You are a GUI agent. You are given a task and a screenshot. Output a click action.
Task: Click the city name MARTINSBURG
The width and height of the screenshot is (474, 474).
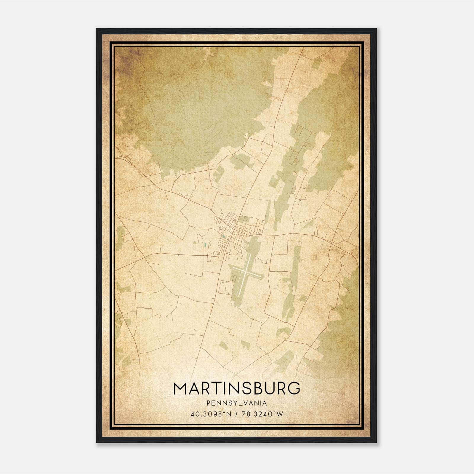coord(236,388)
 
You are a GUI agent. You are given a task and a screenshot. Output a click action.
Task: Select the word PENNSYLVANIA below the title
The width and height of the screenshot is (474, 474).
coord(236,403)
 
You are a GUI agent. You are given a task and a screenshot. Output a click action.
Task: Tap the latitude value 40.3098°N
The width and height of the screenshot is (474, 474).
coord(211,414)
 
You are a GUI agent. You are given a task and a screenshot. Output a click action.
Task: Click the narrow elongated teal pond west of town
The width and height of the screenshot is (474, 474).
coord(204,245)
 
